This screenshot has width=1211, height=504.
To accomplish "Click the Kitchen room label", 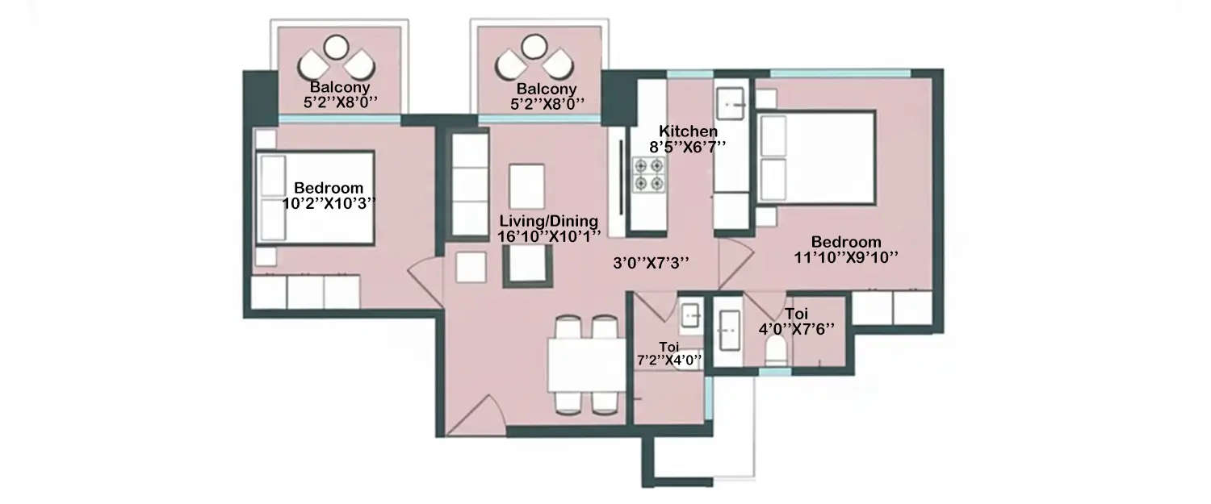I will click(x=688, y=131).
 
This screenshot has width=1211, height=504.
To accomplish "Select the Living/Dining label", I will click(x=548, y=221).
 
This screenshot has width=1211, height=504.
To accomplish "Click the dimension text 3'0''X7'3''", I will click(x=652, y=262).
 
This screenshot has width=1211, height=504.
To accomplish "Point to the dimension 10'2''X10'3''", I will click(x=329, y=203).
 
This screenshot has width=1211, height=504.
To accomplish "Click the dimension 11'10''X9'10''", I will click(x=846, y=256).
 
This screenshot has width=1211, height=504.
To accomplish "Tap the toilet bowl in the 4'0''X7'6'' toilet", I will click(x=776, y=350).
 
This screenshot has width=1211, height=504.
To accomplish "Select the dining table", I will click(x=587, y=364).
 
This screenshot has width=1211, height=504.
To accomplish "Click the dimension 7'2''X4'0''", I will click(x=668, y=360).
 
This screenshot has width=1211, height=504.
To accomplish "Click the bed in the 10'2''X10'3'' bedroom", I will click(x=315, y=198).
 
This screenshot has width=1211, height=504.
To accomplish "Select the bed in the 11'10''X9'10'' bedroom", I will click(x=815, y=158).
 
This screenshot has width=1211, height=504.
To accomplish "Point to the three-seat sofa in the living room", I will click(x=469, y=184).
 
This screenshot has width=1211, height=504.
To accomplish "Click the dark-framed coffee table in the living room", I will click(x=528, y=266).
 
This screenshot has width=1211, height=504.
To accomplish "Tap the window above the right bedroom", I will click(x=840, y=73).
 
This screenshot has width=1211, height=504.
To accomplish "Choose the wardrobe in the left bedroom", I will click(x=305, y=292).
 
